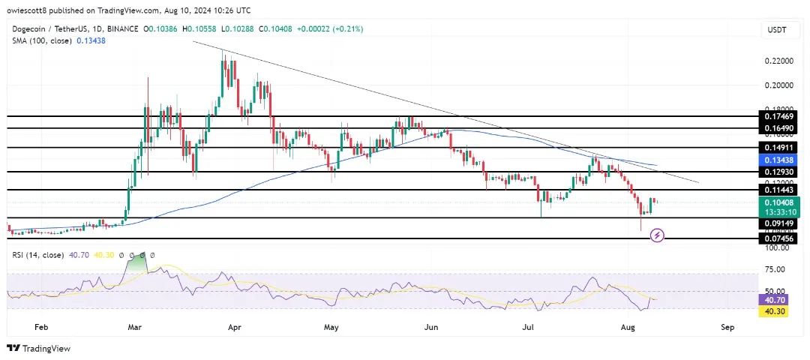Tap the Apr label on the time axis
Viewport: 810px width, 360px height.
tap(235, 327)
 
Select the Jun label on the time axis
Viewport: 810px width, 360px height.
tap(431, 327)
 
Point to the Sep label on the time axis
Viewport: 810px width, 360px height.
tap(726, 327)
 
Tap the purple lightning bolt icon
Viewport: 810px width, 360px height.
tap(657, 235)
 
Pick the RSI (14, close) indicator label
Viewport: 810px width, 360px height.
tap(38, 255)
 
